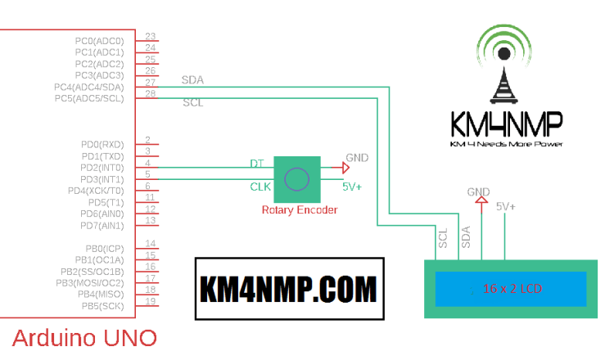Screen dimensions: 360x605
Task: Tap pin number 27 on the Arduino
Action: click(x=151, y=83)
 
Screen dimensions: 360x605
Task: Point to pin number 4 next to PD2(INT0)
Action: click(x=147, y=163)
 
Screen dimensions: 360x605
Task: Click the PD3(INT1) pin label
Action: click(x=102, y=178)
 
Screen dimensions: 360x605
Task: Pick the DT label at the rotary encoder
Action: click(x=256, y=164)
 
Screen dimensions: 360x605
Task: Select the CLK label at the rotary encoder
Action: click(x=260, y=187)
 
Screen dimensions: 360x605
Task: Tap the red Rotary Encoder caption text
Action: click(x=299, y=209)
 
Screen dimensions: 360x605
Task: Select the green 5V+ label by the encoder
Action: click(x=352, y=187)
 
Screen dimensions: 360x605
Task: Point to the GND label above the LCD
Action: click(x=478, y=192)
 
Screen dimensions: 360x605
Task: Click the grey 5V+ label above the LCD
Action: click(x=506, y=207)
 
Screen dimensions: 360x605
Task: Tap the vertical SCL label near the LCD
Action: click(x=443, y=238)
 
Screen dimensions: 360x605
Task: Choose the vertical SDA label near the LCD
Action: click(x=466, y=238)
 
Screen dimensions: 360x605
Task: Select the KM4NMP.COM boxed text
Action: click(x=289, y=289)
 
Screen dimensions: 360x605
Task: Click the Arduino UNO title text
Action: click(x=84, y=338)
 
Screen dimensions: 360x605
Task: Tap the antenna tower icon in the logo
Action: click(x=505, y=82)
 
